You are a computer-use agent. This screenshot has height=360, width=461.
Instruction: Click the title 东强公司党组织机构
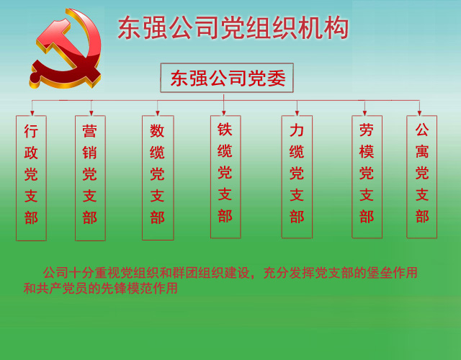(233, 28)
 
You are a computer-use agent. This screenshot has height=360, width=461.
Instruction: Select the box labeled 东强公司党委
(227, 78)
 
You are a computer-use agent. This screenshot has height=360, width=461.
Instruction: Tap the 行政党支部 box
(31, 178)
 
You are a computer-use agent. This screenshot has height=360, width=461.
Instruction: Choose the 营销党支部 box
(90, 178)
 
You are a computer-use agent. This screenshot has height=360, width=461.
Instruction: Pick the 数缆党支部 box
(158, 178)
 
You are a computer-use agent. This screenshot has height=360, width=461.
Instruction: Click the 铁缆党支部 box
(225, 176)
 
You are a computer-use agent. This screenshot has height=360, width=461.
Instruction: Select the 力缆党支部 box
(297, 176)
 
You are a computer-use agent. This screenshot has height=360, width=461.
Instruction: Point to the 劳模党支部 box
(367, 176)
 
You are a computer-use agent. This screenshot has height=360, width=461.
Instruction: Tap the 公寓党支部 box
(422, 176)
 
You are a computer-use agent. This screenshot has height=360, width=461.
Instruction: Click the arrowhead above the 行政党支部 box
(32, 113)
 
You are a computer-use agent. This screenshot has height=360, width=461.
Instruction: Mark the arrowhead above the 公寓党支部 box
(419, 113)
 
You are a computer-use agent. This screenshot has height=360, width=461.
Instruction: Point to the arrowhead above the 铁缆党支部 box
(224, 113)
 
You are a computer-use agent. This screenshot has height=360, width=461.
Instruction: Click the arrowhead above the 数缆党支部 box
(158, 113)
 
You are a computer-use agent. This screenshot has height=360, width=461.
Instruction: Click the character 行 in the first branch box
(31, 131)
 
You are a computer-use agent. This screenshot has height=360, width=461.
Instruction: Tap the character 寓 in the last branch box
(422, 151)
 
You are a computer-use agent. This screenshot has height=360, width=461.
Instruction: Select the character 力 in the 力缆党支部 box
(297, 130)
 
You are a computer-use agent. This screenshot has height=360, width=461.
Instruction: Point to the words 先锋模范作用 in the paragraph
(139, 288)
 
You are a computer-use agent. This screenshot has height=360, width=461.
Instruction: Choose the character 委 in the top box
(277, 78)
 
